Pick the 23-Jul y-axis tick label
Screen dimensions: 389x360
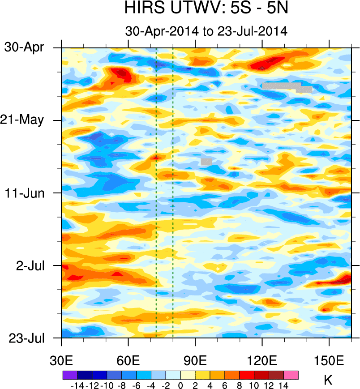click(x=27, y=338)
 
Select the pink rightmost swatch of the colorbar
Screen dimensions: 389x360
click(x=291, y=375)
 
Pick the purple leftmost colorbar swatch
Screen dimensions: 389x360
click(x=69, y=375)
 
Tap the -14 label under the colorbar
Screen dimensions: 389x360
click(x=77, y=385)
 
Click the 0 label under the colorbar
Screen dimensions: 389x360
click(x=180, y=385)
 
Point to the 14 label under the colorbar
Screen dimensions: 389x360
click(x=283, y=385)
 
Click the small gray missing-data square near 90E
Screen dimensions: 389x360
click(x=206, y=161)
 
